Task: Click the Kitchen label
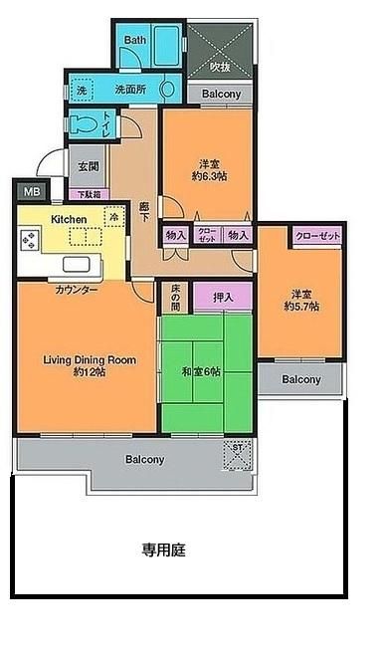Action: coord(69,219)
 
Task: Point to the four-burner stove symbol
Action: coord(29,240)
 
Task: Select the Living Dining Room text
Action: coord(89,359)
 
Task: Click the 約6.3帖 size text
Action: coord(209,176)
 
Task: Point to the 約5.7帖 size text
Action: coord(301,307)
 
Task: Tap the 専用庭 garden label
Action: coord(164,548)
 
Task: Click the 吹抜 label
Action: coord(219,67)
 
